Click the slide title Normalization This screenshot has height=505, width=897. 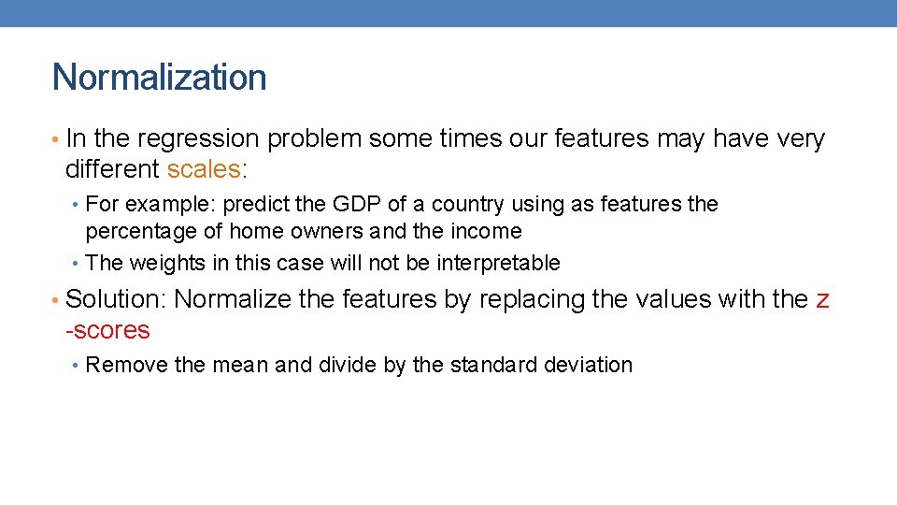click(x=159, y=77)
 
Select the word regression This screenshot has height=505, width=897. click(x=198, y=139)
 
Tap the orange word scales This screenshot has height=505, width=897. click(x=204, y=169)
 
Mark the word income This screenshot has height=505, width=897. click(x=484, y=231)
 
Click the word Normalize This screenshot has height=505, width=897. click(x=232, y=299)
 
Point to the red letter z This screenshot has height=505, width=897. click(x=822, y=300)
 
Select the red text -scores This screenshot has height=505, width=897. click(x=107, y=330)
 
